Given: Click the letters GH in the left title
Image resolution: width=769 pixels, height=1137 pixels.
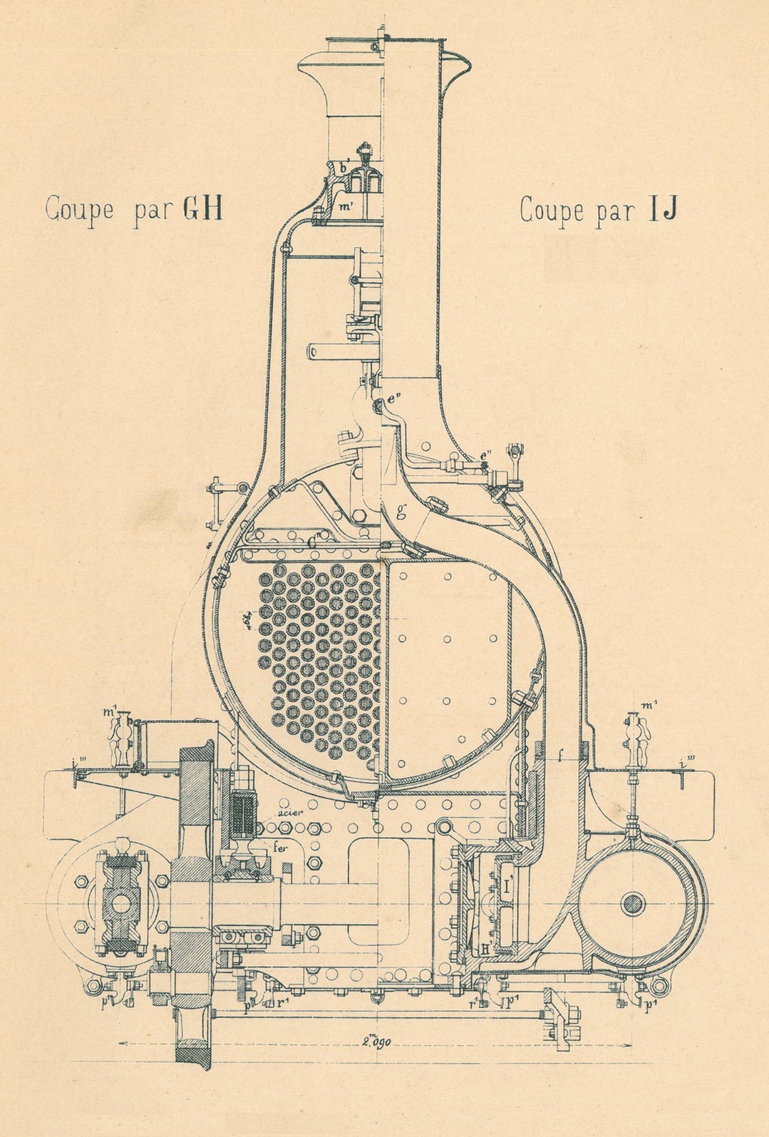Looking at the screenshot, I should (202, 210).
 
